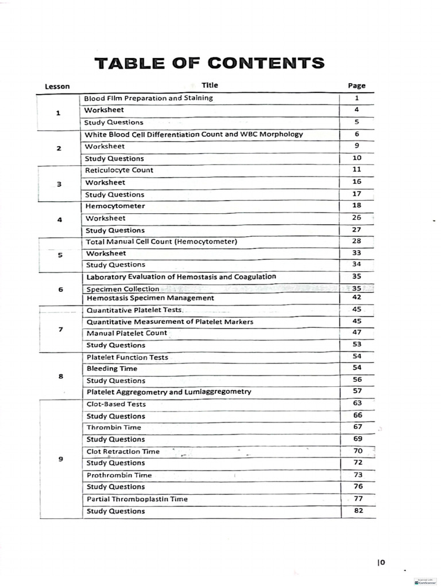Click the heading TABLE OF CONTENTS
click(x=210, y=62)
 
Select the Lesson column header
click(x=57, y=87)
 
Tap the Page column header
click(x=357, y=86)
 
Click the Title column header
click(x=210, y=85)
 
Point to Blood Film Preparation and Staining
click(x=149, y=98)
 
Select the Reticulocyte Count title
click(x=119, y=170)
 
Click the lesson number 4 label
click(x=60, y=219)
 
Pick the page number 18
click(x=357, y=206)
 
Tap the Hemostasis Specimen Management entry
click(x=150, y=298)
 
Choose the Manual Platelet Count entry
click(x=127, y=333)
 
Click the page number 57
click(x=357, y=392)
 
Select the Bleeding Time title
click(x=112, y=369)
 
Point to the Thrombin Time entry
click(x=114, y=428)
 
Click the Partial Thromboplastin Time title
click(x=137, y=499)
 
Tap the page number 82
click(x=359, y=511)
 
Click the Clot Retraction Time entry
click(x=123, y=452)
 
